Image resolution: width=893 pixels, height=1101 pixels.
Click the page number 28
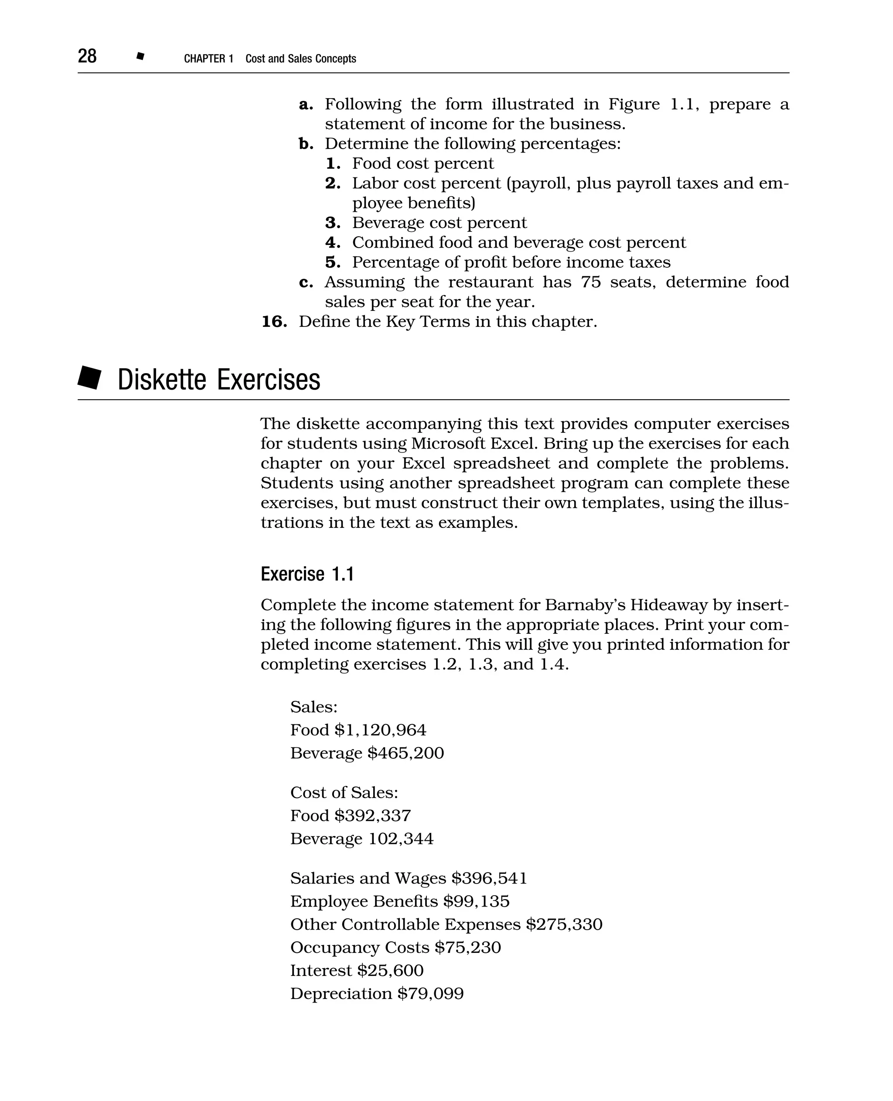click(x=87, y=56)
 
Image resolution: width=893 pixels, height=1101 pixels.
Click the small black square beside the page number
click(x=140, y=56)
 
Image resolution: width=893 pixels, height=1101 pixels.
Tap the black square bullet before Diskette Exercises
click(x=90, y=378)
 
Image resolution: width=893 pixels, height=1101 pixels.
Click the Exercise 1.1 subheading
click(x=307, y=574)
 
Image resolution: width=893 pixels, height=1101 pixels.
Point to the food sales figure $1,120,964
click(x=380, y=730)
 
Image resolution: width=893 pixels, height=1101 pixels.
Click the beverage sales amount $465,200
click(x=406, y=753)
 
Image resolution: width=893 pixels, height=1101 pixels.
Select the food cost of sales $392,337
click(x=372, y=816)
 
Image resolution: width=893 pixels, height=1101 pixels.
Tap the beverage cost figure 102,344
click(x=401, y=839)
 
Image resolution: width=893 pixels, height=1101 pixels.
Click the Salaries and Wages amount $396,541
click(x=489, y=878)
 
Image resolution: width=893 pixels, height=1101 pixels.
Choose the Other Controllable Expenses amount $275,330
click(x=564, y=924)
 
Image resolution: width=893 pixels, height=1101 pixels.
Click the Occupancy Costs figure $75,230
click(x=467, y=947)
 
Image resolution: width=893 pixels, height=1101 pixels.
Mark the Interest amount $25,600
click(x=390, y=970)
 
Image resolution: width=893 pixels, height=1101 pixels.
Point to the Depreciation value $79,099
click(x=430, y=993)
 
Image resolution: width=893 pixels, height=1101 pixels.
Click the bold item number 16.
click(x=274, y=322)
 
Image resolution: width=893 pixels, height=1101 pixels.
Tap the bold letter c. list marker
click(x=306, y=282)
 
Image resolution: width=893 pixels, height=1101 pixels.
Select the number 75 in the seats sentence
click(x=591, y=282)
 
